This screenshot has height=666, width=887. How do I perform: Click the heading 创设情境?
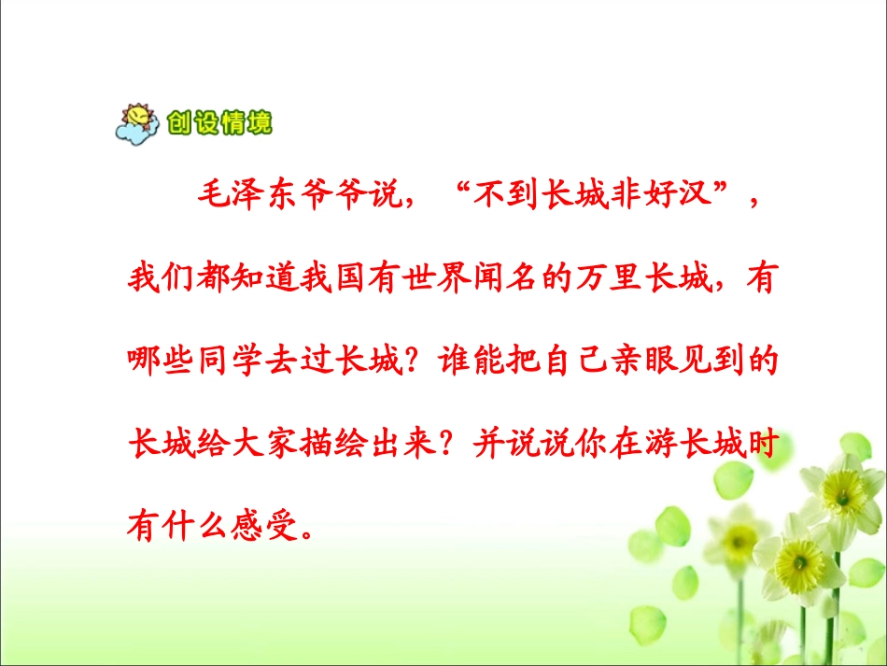(x=220, y=122)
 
